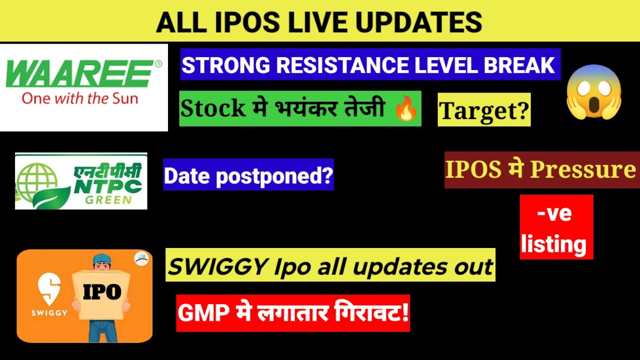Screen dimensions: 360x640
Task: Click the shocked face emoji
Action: (593, 92)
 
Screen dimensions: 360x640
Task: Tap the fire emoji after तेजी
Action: (406, 109)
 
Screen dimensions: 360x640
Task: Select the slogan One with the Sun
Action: (79, 98)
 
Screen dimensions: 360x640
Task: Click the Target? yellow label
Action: (483, 109)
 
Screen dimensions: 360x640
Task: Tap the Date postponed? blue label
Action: (248, 174)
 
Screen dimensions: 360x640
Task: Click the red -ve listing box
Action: (556, 227)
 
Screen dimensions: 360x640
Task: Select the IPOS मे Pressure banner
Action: (541, 170)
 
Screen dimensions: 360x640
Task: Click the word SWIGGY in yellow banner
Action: (210, 266)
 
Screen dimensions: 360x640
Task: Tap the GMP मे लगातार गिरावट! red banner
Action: (293, 313)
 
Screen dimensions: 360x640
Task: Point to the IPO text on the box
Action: (102, 292)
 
